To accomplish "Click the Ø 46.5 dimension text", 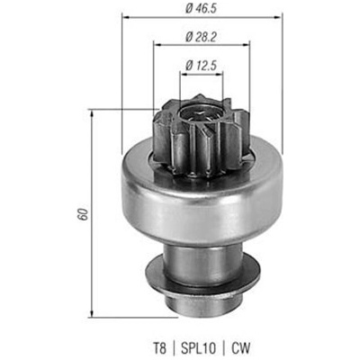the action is tap(201, 9).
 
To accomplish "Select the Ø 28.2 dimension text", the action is tap(201, 37).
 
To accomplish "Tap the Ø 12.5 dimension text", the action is tap(201, 65).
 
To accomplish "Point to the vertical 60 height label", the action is tap(84, 214).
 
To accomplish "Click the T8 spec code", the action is tap(159, 348).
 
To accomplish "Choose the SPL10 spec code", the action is tap(199, 348).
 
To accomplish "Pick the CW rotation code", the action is tap(240, 348).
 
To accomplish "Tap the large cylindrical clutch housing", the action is tap(202, 198).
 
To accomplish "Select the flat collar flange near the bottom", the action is tap(202, 274).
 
